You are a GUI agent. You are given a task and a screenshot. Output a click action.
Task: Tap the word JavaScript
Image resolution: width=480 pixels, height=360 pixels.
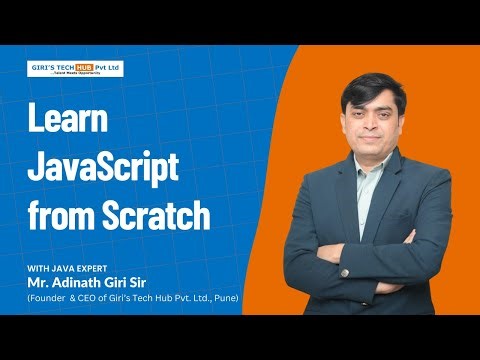click(x=103, y=166)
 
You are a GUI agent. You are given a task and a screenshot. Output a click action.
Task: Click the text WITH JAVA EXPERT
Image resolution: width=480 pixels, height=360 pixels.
click(x=67, y=267)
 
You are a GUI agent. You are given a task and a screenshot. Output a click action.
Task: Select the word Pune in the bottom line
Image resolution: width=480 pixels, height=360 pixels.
click(x=222, y=297)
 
